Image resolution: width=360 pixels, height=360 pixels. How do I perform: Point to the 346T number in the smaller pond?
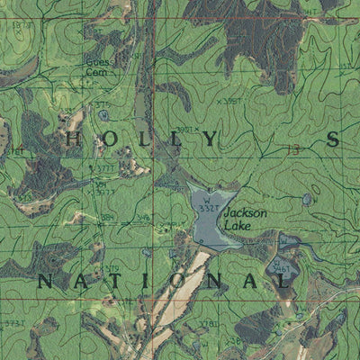pos(283,268)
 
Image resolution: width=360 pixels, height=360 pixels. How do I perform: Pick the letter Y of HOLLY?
pos(210,139)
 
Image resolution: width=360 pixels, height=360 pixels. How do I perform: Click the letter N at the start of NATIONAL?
pos(42,282)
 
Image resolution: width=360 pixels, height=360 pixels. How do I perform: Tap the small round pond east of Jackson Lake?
pos(308,198)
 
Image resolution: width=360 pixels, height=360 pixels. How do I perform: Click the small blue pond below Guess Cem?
pos(104,114)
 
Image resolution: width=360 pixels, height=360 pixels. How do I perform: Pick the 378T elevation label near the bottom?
pos(210,324)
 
